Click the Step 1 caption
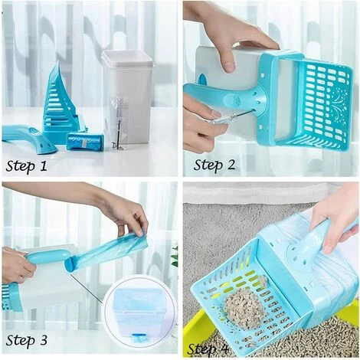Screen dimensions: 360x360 (x=27, y=166)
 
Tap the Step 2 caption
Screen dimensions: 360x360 (x=214, y=165)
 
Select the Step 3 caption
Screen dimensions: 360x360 (x=27, y=340)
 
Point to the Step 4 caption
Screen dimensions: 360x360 (x=208, y=349)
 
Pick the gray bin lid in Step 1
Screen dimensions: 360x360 (x=127, y=56)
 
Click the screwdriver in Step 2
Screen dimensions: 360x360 (x=228, y=118)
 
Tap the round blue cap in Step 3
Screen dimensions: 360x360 (x=70, y=266)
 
